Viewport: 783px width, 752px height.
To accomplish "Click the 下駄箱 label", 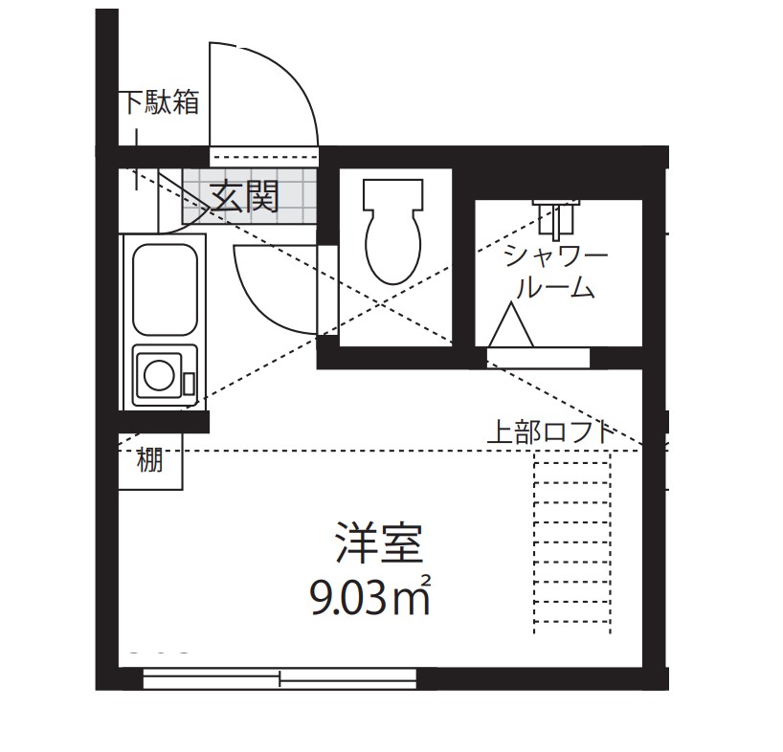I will pyautogui.click(x=160, y=102).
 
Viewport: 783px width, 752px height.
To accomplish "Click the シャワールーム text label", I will pyautogui.click(x=556, y=271).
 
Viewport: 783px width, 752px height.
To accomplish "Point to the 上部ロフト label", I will pyautogui.click(x=549, y=432).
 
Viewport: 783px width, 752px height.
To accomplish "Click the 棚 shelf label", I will pyautogui.click(x=149, y=462).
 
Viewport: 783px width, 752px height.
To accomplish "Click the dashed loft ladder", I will pyautogui.click(x=571, y=545).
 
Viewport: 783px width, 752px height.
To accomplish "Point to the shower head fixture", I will pyautogui.click(x=557, y=216).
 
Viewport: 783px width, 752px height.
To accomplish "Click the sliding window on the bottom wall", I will pyautogui.click(x=280, y=678).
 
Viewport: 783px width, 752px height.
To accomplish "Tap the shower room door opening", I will pyautogui.click(x=538, y=358).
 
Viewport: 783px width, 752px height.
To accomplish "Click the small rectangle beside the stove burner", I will pyautogui.click(x=189, y=383).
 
